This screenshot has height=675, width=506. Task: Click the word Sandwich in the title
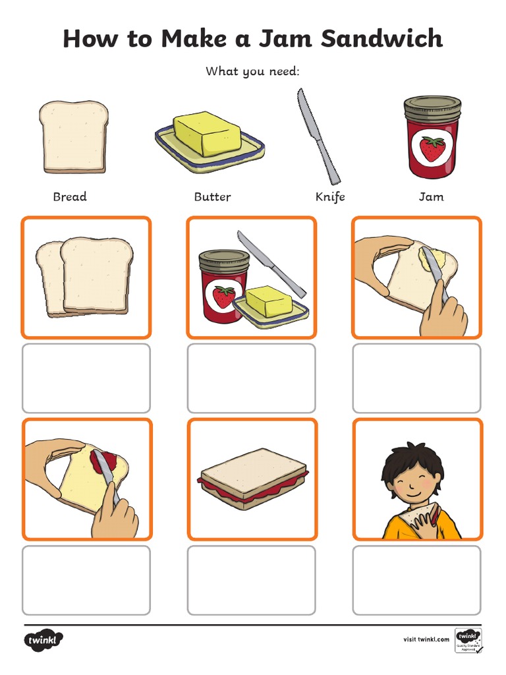(382, 39)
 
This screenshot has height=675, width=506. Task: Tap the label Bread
(70, 196)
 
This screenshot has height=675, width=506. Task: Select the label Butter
(212, 196)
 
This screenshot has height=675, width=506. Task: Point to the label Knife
(329, 196)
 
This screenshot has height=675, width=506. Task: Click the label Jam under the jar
(432, 196)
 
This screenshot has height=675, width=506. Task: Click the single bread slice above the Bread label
(73, 137)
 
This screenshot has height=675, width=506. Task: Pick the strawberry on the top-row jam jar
(432, 148)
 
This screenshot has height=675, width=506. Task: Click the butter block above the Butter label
(206, 134)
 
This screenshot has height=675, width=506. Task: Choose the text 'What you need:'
(252, 71)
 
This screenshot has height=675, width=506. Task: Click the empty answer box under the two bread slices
(86, 378)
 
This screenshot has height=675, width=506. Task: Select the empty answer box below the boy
(416, 580)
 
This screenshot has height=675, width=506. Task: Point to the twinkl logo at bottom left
(44, 639)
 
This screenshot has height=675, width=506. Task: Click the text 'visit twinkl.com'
(426, 639)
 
